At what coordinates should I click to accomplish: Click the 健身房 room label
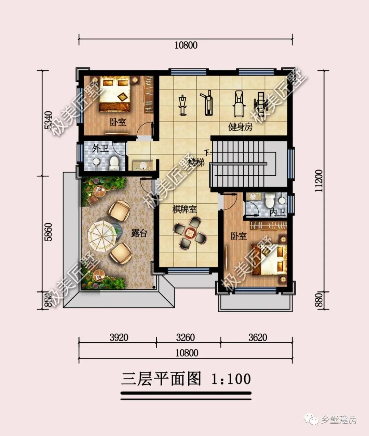click(240, 127)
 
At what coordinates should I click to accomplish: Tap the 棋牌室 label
click(184, 209)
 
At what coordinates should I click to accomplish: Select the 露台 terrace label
click(139, 233)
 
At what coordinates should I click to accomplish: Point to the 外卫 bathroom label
click(100, 149)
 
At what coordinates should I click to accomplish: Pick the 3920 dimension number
click(119, 338)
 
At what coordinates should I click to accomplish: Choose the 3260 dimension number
click(186, 338)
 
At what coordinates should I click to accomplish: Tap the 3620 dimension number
click(258, 338)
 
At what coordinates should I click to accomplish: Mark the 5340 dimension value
click(48, 120)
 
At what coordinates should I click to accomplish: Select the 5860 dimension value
click(48, 232)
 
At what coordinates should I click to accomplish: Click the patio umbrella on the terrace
click(102, 236)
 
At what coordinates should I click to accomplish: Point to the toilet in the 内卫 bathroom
click(270, 200)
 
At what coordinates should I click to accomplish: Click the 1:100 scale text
click(231, 379)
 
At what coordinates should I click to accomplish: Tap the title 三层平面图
click(161, 379)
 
